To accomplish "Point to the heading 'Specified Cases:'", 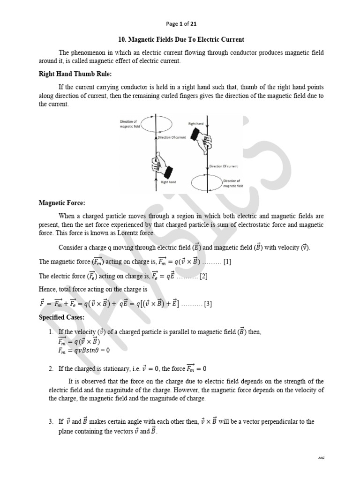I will (x=61, y=317).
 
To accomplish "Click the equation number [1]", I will (x=227, y=262).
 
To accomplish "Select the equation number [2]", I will (x=203, y=276).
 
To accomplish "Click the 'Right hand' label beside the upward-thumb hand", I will (x=168, y=182).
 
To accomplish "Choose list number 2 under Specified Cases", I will (x=51, y=369).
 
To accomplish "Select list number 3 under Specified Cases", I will (x=51, y=422).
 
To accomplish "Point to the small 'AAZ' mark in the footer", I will (x=321, y=457).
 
